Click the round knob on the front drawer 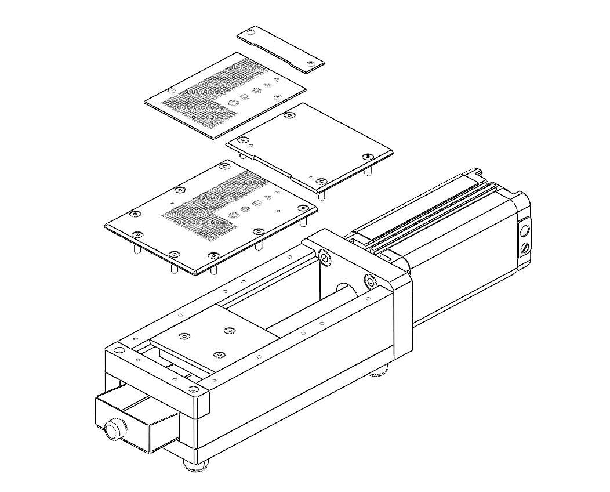click(114, 430)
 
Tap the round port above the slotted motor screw click(525, 231)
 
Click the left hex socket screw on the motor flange click(324, 258)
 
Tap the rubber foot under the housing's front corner click(194, 465)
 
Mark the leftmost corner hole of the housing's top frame click(118, 349)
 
